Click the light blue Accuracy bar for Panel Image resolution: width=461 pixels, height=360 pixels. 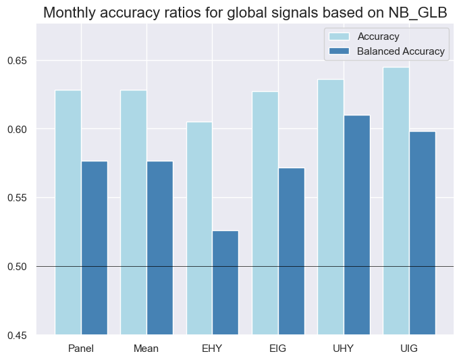tap(68, 212)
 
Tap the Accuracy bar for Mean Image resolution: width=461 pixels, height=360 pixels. tap(134, 212)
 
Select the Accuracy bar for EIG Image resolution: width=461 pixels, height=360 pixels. tap(265, 213)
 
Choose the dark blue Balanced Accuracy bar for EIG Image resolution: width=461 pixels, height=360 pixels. tap(292, 251)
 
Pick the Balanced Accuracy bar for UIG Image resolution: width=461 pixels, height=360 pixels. tap(423, 233)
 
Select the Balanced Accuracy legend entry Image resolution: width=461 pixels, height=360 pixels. tap(401, 51)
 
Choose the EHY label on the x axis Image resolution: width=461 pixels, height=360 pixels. tap(212, 349)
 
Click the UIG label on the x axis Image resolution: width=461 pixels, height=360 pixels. tap(409, 349)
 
